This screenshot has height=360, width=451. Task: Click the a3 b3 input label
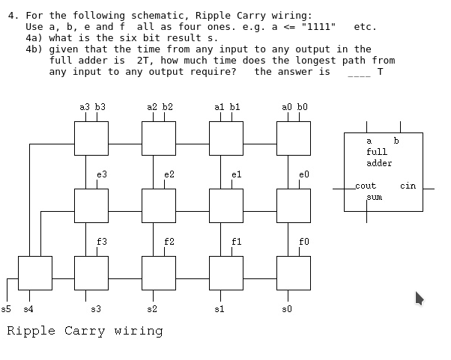pos(92,107)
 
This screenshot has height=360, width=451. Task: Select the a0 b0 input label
pos(294,107)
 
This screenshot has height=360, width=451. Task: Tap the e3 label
pos(102,174)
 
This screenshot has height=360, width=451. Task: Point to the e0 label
pos(303,174)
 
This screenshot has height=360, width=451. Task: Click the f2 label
pos(169,242)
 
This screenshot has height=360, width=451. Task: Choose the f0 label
pos(303,242)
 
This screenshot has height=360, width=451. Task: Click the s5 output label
pos(7,308)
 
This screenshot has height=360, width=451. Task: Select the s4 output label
pos(28,308)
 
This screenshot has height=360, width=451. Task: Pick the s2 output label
pos(152,308)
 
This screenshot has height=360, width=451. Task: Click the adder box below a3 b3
pos(91,138)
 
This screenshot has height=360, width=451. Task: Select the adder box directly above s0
pos(294,273)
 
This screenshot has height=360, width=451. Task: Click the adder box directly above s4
pos(35,273)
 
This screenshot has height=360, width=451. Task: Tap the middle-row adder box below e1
pos(226,206)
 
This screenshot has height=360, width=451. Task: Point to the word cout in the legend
pos(366,186)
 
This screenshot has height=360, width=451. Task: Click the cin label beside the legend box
pos(408,186)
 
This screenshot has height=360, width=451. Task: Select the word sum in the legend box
pos(374,198)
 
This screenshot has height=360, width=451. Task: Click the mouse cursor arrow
pos(420,298)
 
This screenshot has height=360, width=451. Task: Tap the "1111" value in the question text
pos(318,26)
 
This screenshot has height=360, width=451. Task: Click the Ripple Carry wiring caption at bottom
pos(85,331)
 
